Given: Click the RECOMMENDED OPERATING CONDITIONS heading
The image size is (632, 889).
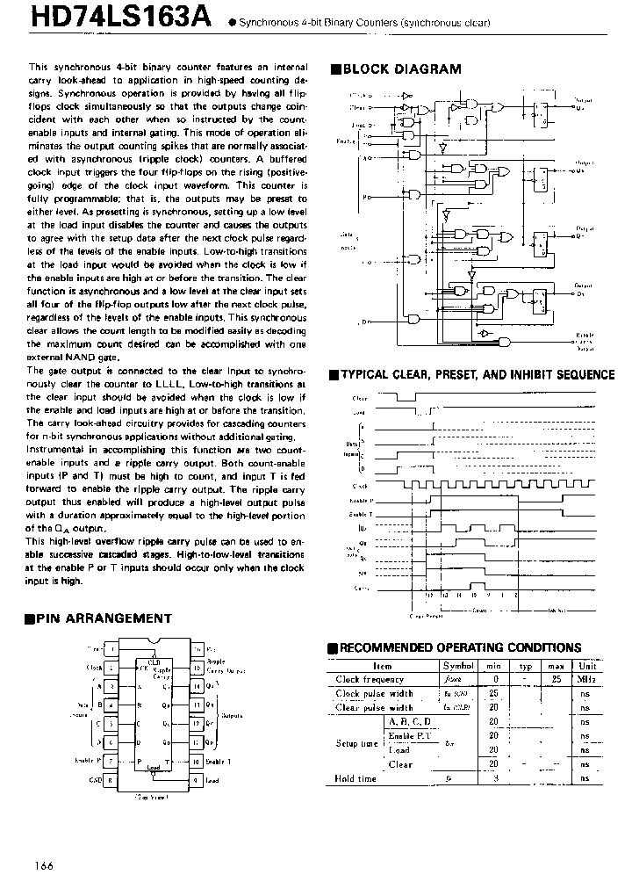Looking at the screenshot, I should [460, 647].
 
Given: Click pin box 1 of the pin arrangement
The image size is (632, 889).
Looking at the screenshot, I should [111, 648].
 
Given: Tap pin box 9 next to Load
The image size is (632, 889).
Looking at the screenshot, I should [196, 779].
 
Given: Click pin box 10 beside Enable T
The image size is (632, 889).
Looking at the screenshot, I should [196, 761].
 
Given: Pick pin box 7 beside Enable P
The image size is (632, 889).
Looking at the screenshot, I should [111, 761].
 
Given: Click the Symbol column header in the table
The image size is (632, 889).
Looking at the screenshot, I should [458, 666].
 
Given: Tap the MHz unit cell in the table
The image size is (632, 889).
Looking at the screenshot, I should [585, 679].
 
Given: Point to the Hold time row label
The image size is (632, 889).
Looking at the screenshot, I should [355, 778].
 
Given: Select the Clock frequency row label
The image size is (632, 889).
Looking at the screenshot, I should [370, 679].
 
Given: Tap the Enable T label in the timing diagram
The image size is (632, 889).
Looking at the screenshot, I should [360, 513].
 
